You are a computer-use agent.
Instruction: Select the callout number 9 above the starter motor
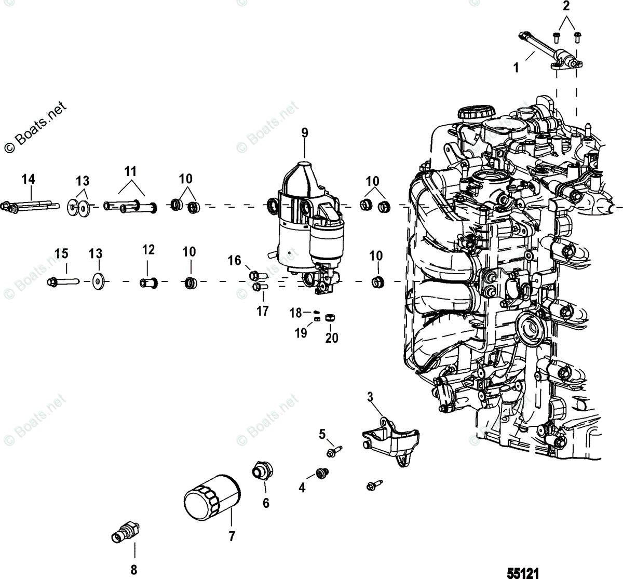click(x=304, y=132)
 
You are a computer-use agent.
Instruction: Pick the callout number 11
click(x=130, y=171)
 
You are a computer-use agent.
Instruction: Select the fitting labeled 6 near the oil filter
click(x=260, y=471)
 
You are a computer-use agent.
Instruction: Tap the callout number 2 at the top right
click(x=566, y=7)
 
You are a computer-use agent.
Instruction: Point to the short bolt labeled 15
click(x=62, y=282)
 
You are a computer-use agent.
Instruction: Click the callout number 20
click(x=331, y=338)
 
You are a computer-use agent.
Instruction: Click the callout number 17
click(x=262, y=311)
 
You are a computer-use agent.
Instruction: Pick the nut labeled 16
click(x=256, y=275)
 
